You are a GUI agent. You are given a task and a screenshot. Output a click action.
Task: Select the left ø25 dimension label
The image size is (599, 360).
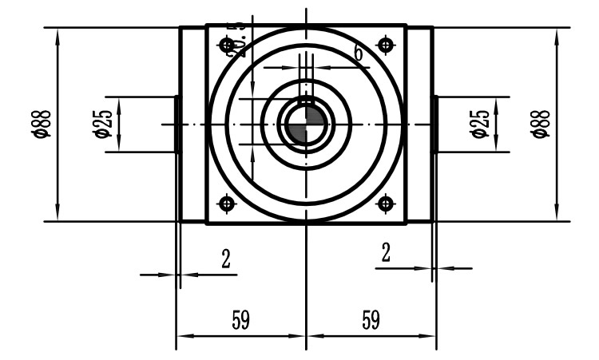101,125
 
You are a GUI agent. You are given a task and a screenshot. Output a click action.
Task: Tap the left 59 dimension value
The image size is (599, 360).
240,320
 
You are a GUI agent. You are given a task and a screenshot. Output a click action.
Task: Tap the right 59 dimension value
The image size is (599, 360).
370,320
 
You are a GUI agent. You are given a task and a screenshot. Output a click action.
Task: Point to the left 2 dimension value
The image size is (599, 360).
225,259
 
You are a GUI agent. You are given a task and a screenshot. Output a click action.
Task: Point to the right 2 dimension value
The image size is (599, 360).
386,253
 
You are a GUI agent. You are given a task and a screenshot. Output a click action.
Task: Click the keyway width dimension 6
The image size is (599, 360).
357,54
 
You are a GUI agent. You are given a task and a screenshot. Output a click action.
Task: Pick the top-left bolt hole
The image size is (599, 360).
228,44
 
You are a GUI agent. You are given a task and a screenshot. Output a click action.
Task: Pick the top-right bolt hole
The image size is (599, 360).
387,44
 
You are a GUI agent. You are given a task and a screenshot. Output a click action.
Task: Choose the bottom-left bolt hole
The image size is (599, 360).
228,204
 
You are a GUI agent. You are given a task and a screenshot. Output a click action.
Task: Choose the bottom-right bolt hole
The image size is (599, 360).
387,204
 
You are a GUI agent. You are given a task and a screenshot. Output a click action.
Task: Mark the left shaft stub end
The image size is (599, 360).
177,125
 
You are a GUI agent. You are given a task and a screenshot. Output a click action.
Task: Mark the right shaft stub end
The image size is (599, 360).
434,125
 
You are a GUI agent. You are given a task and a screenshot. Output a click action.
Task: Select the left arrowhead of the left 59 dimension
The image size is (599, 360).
180,335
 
